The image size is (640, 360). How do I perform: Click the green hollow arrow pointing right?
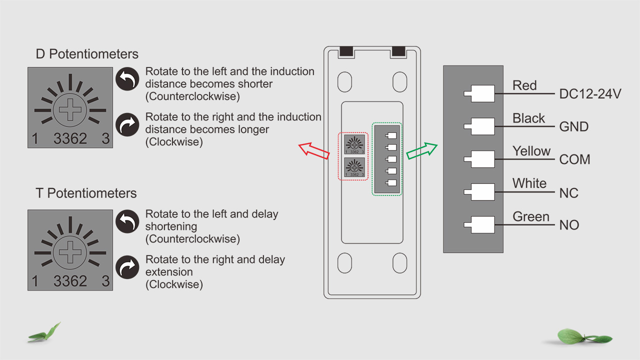click(x=422, y=150)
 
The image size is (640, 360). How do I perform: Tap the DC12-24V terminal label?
click(x=590, y=93)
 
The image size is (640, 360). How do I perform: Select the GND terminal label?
click(x=573, y=126)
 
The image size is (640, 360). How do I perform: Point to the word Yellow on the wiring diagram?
click(x=531, y=151)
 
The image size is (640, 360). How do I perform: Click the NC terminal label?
click(x=568, y=192)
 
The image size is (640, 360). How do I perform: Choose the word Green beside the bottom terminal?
click(x=530, y=216)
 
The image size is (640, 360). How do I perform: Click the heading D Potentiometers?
click(x=87, y=54)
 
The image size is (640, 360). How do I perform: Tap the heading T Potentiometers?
click(x=86, y=193)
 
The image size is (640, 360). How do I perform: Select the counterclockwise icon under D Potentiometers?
click(x=127, y=79)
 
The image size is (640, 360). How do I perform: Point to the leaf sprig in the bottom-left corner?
click(x=45, y=333)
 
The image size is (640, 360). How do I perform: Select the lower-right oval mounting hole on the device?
click(x=400, y=263)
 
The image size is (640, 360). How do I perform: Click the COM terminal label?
click(x=574, y=159)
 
